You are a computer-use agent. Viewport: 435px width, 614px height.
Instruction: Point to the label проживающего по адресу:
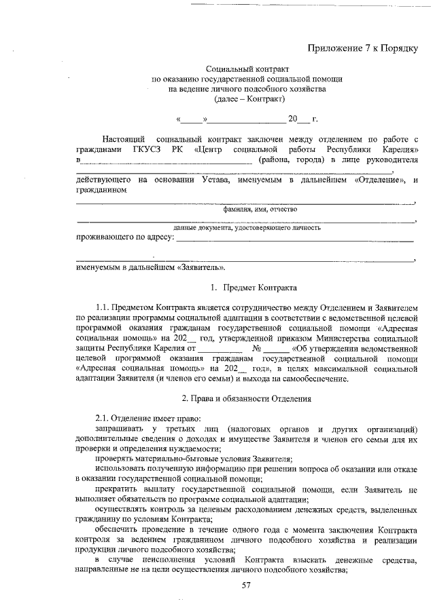124,238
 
